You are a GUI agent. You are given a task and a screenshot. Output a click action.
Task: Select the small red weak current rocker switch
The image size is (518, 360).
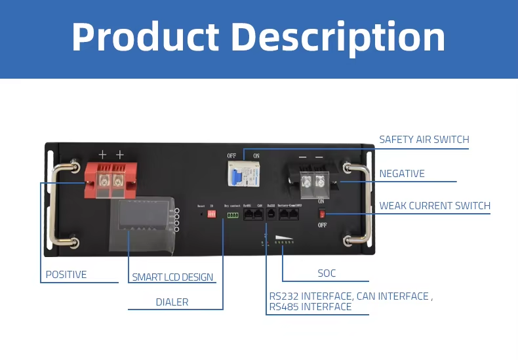click(x=321, y=213)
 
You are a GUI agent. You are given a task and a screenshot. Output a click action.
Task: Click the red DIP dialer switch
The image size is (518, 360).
click(x=211, y=214)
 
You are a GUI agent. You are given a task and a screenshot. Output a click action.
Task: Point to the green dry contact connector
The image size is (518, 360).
click(x=233, y=214)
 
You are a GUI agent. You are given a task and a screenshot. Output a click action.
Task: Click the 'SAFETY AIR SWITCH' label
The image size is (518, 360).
click(x=424, y=140)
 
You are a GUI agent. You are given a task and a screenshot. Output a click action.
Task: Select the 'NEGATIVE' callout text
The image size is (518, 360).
click(x=402, y=174)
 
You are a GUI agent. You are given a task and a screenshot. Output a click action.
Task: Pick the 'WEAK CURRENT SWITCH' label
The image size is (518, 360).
click(x=435, y=206)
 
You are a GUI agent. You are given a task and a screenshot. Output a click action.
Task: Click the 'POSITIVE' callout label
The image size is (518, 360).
click(x=66, y=275)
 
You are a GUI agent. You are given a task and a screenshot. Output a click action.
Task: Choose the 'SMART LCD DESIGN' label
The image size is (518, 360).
click(x=172, y=277)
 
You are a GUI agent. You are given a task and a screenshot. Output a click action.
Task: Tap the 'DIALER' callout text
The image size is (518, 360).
click(x=172, y=302)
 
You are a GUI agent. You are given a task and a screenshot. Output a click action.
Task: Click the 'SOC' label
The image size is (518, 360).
click(x=327, y=273)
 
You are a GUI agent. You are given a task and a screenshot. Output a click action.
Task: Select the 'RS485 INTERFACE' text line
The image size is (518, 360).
click(x=310, y=307)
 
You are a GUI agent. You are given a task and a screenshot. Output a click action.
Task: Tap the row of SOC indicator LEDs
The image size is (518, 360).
click(x=283, y=243)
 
